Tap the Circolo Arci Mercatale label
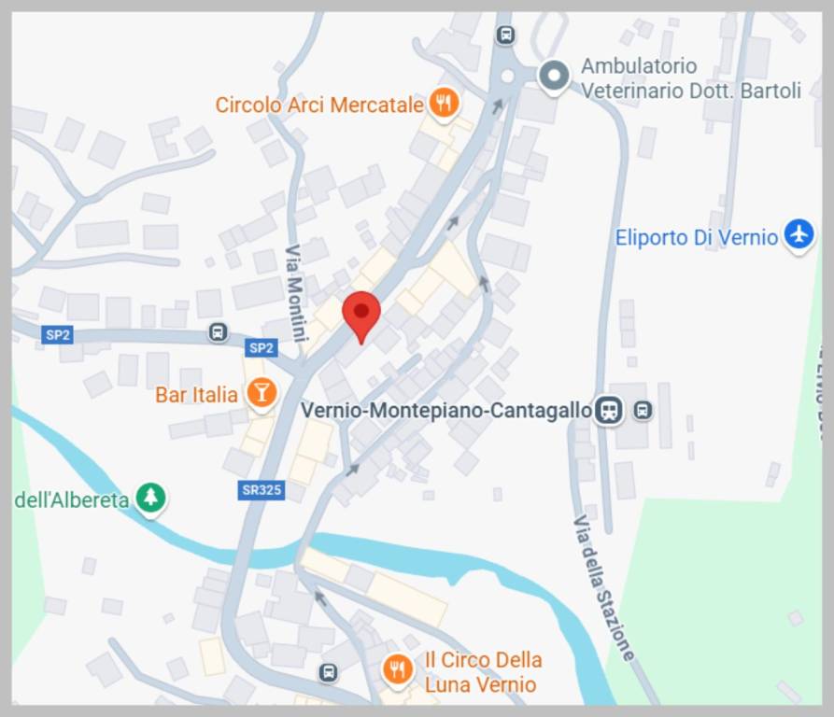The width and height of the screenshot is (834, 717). pyautogui.click(x=319, y=105)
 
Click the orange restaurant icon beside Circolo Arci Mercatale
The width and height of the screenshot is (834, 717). pyautogui.click(x=444, y=103)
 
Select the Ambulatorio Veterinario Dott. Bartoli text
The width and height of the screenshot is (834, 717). pyautogui.click(x=690, y=78)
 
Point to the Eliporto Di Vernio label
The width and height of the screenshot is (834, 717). pyautogui.click(x=696, y=237)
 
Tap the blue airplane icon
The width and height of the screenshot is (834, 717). pyautogui.click(x=799, y=234)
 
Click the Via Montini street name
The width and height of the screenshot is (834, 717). pyautogui.click(x=296, y=292)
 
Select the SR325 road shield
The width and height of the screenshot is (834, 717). pyautogui.click(x=260, y=490)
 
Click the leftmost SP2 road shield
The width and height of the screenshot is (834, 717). pyautogui.click(x=58, y=334)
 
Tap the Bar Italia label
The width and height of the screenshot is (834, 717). pyautogui.click(x=196, y=395)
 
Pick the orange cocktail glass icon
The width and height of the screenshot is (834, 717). pyautogui.click(x=261, y=394)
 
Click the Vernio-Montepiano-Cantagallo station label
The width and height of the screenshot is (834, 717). pyautogui.click(x=446, y=410)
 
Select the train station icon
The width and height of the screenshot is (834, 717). pyautogui.click(x=609, y=410)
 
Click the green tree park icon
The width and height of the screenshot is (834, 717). pyautogui.click(x=149, y=498)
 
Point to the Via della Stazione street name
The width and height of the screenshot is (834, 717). pyautogui.click(x=604, y=588)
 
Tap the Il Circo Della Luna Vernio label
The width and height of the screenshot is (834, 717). pyautogui.click(x=482, y=672)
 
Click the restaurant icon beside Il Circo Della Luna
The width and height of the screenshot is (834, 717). pyautogui.click(x=398, y=669)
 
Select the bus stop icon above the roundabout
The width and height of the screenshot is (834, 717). pyautogui.click(x=505, y=35)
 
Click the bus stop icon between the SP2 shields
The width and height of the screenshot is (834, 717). pyautogui.click(x=218, y=332)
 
